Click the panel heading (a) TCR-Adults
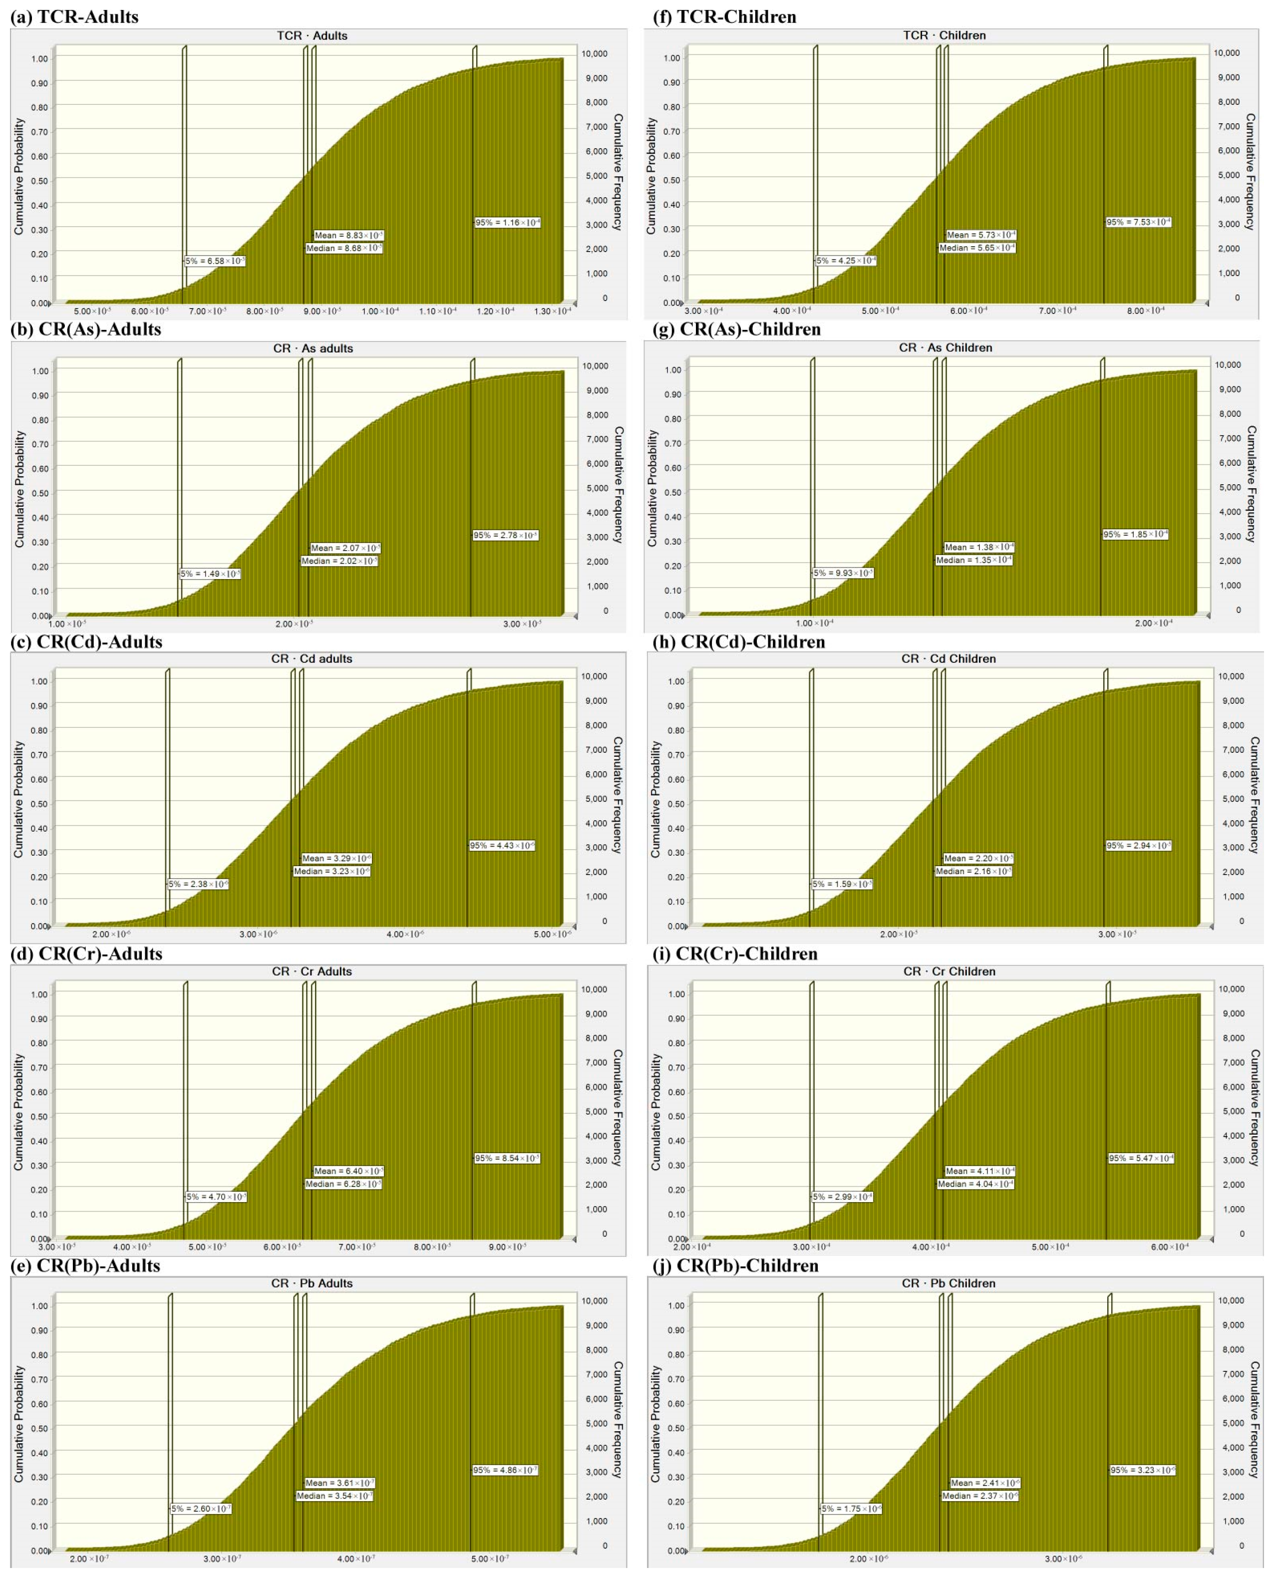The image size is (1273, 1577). tap(75, 16)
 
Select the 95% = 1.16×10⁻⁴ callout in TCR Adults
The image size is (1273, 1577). tap(507, 222)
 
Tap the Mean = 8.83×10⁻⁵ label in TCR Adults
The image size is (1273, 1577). tap(348, 235)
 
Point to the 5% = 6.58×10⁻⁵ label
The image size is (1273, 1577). tap(214, 261)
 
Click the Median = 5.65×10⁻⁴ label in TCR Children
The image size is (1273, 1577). tap(977, 248)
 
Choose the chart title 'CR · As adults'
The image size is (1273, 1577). tap(313, 348)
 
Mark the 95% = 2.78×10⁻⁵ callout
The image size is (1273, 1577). tap(505, 535)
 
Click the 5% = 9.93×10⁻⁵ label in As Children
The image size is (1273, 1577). tap(843, 573)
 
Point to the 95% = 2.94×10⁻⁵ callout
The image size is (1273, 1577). tap(1138, 845)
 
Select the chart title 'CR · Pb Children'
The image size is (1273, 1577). tap(948, 1283)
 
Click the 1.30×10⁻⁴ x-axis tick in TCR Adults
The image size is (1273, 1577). tap(552, 311)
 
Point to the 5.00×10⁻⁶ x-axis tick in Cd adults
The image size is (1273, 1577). tap(552, 934)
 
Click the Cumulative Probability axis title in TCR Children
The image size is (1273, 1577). tap(650, 176)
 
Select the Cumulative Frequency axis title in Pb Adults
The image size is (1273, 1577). tap(618, 1419)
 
